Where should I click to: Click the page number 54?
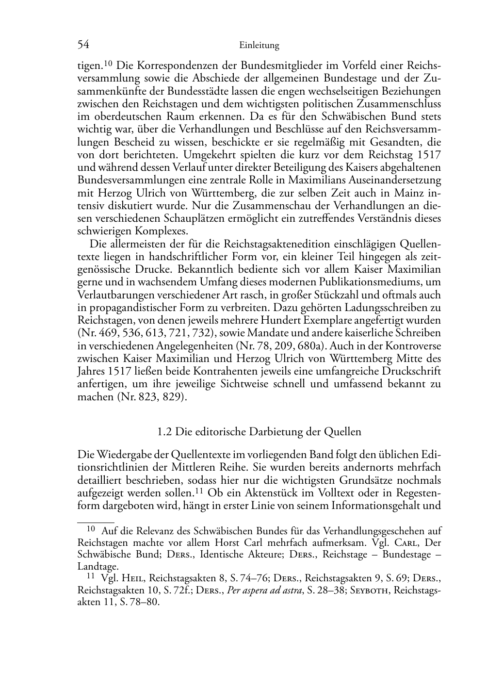(x=83, y=45)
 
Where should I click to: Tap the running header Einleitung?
(x=259, y=46)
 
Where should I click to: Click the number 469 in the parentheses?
(x=107, y=332)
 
